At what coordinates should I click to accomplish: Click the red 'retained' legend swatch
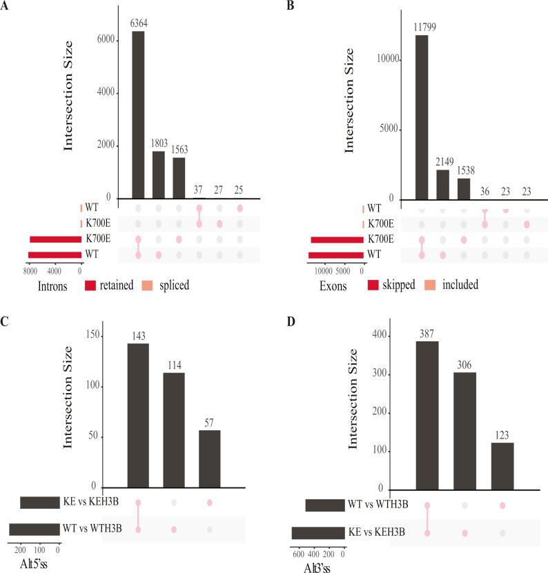point(93,284)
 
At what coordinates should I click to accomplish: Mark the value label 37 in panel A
point(199,188)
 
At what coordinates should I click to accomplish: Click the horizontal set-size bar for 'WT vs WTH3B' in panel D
point(324,505)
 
